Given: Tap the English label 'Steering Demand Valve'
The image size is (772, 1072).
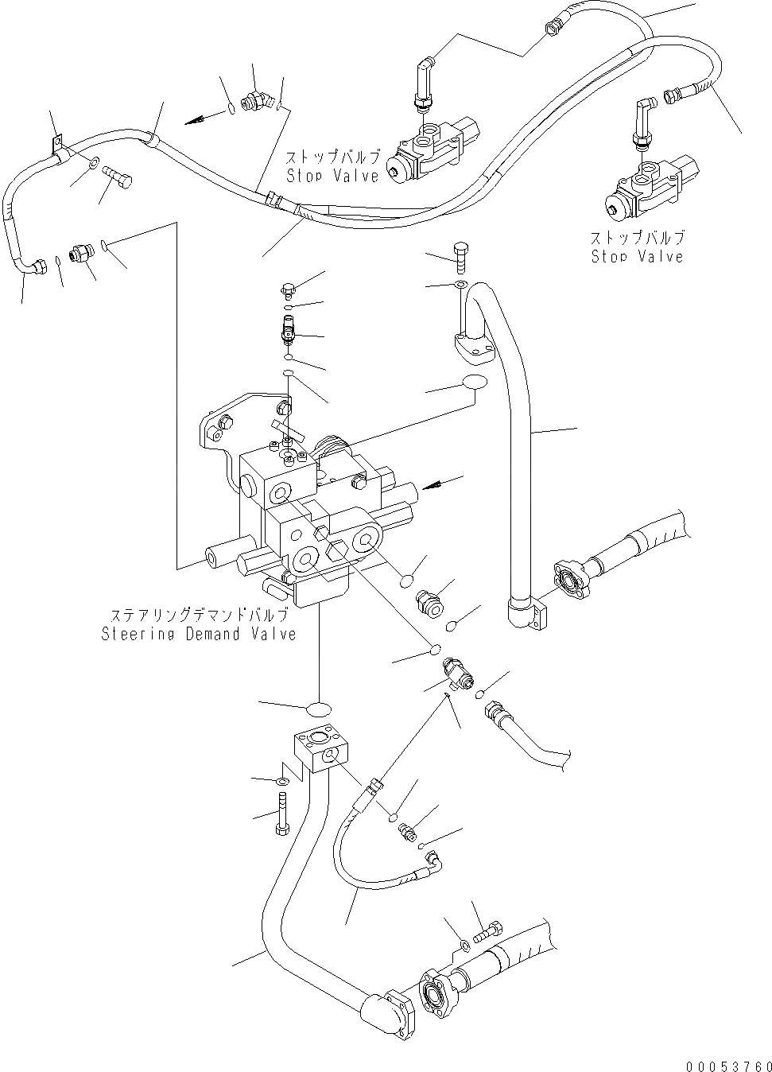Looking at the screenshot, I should coord(198,634).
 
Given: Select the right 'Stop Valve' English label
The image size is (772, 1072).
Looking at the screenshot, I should coord(637,256).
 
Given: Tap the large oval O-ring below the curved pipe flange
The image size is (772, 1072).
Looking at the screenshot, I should coord(475,383).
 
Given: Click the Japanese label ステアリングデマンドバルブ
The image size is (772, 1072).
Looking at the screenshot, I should coord(198,616).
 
